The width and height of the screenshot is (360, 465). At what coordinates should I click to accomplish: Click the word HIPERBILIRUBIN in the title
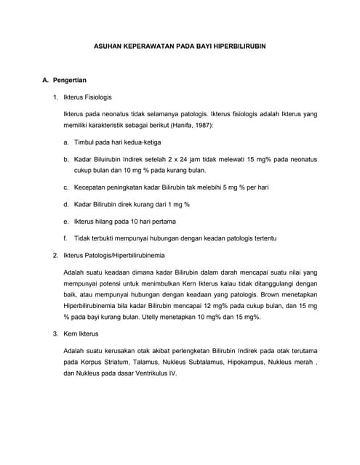click(x=231, y=45)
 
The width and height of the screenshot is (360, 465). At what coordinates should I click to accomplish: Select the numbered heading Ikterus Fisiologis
click(x=88, y=97)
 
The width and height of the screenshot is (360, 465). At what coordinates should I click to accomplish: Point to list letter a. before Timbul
click(x=66, y=142)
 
